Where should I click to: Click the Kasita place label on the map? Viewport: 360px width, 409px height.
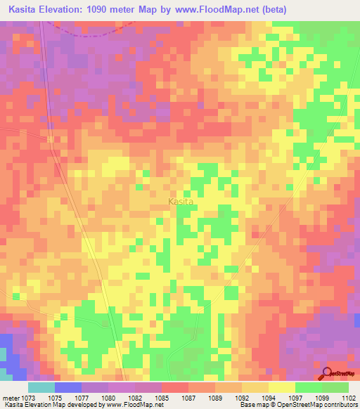pyautogui.click(x=181, y=202)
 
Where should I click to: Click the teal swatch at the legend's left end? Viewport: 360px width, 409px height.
pyautogui.click(x=41, y=387)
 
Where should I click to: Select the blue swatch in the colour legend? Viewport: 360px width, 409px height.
pyautogui.click(x=68, y=387)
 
